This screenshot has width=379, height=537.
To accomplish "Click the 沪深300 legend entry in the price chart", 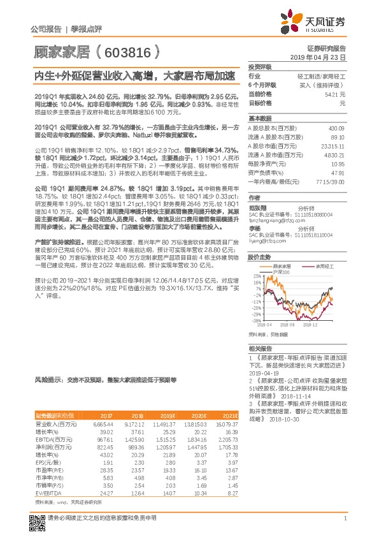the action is (x=280, y=272).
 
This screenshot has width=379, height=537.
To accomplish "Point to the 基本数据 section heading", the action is (x=259, y=119).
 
